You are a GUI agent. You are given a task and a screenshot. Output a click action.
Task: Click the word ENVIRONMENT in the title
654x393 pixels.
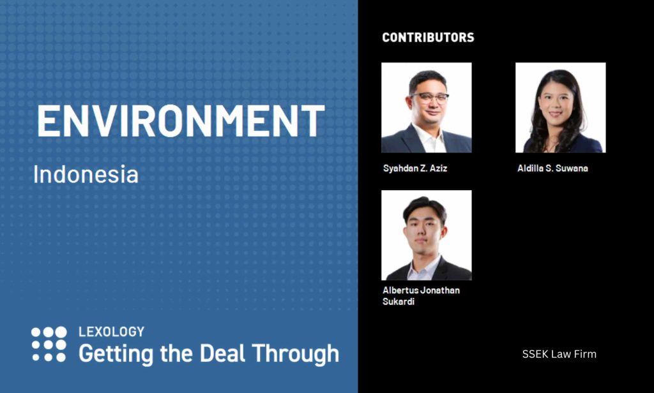tap(181, 121)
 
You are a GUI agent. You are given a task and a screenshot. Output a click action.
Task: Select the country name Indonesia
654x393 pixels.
tap(86, 174)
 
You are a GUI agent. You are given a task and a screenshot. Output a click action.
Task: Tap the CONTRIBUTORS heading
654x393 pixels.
tap(428, 38)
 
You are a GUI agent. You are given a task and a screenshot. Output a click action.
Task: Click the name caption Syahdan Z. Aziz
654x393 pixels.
tap(415, 168)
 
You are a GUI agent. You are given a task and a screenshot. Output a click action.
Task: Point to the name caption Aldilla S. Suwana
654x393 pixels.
tap(552, 168)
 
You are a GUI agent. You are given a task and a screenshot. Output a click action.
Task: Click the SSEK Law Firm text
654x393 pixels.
tap(559, 354)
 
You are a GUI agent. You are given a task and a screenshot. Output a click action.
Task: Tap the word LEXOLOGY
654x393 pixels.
tap(111, 332)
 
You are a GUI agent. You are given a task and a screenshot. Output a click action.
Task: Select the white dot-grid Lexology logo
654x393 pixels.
tap(49, 344)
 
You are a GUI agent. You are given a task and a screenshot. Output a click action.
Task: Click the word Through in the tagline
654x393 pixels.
tap(295, 354)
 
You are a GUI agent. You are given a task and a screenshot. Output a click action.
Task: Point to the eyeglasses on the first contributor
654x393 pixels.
tap(429, 98)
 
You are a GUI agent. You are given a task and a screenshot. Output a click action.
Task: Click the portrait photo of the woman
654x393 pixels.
tap(561, 108)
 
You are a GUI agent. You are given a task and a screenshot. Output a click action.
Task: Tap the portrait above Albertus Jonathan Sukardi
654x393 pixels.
tap(426, 235)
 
